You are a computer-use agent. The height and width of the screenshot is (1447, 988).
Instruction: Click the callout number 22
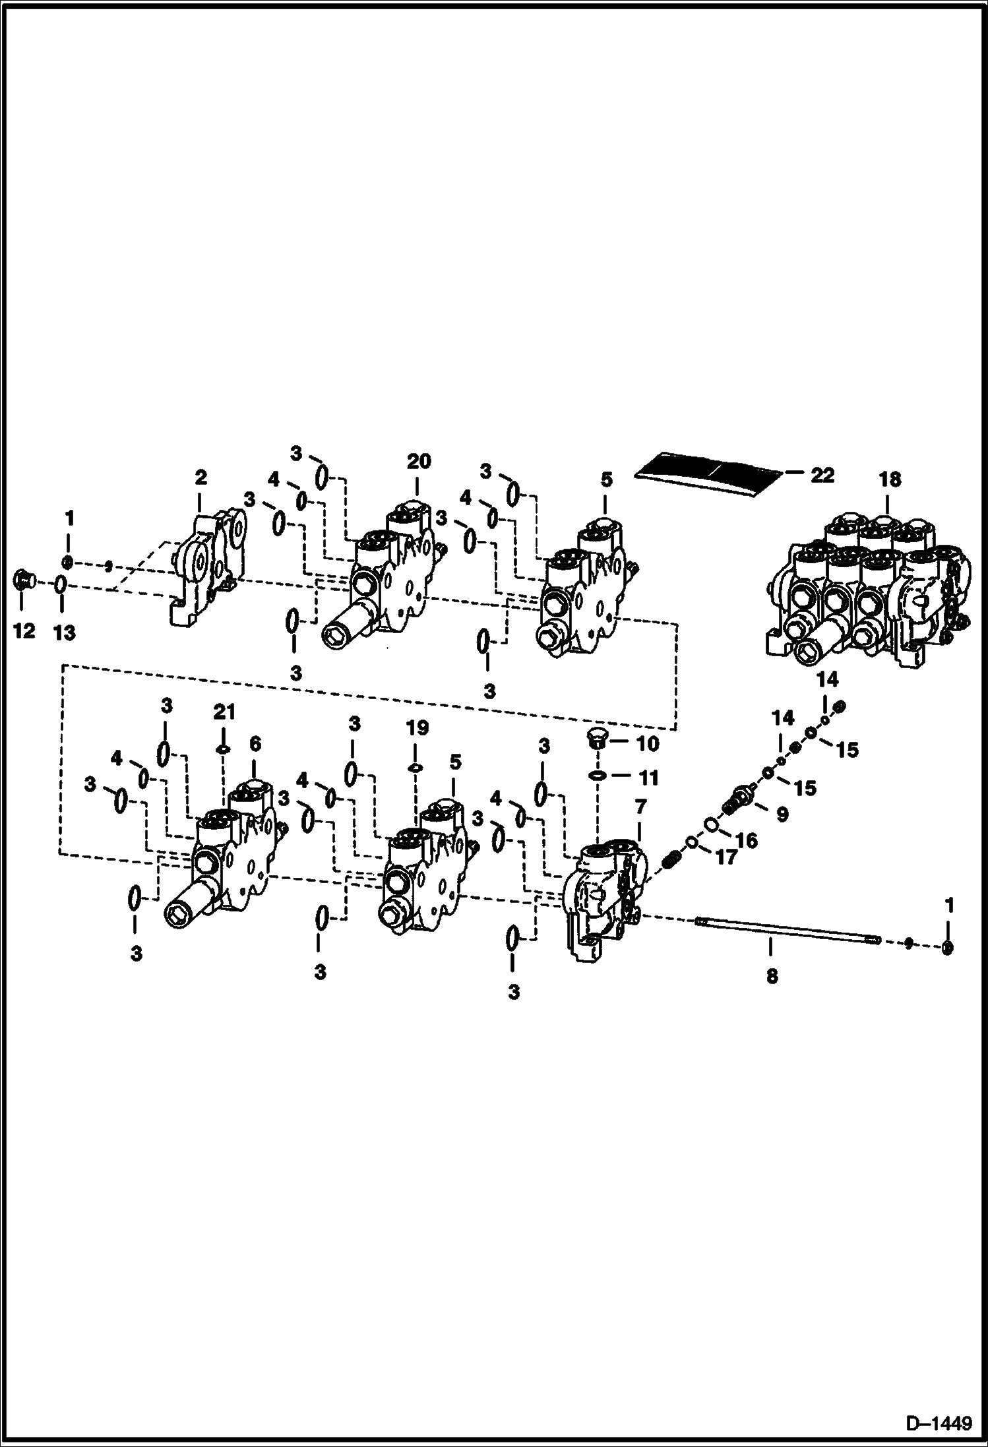822,475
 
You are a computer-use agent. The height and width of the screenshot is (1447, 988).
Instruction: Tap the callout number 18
890,479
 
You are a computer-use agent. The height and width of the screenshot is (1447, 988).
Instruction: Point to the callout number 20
418,461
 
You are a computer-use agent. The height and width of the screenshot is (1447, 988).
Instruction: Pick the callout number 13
64,633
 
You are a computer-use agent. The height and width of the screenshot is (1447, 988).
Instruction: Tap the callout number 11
649,778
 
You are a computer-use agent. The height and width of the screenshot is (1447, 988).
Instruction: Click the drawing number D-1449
939,1425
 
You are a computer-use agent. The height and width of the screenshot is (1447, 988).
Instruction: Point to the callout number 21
224,712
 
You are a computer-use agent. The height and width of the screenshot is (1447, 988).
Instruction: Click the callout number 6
255,744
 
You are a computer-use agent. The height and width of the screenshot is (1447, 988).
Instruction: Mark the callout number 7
640,806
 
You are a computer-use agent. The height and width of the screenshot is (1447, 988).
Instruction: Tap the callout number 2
201,477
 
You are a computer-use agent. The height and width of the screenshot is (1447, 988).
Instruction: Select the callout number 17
726,859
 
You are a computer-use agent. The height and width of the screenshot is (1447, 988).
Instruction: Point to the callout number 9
782,815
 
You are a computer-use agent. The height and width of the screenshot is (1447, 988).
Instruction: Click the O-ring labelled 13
60,585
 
